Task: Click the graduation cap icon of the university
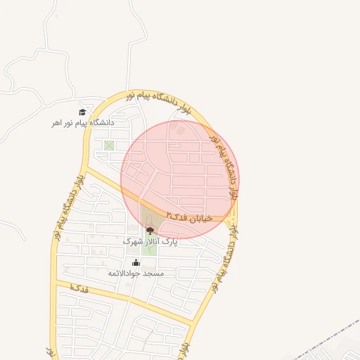click(82, 112)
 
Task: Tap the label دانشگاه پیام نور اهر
click(82, 123)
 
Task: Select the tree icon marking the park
click(149, 230)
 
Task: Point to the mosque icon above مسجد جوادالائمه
click(136, 263)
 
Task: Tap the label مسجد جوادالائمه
click(136, 273)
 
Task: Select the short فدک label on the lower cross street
click(79, 288)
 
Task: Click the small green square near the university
click(109, 146)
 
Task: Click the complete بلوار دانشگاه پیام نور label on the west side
click(68, 208)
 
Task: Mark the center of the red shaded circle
click(179, 179)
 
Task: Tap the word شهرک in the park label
click(134, 241)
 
